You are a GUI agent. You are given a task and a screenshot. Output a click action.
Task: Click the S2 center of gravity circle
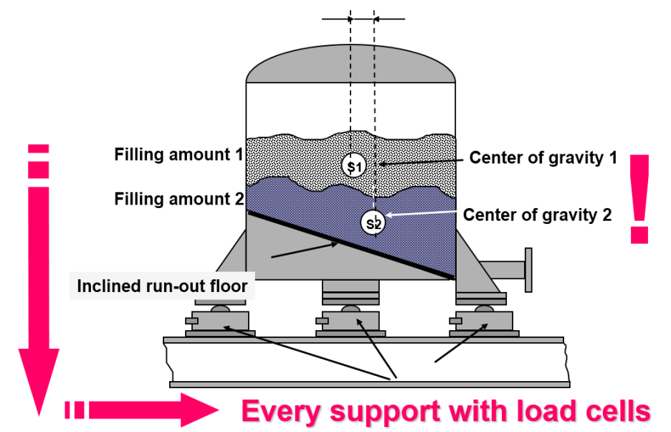373,222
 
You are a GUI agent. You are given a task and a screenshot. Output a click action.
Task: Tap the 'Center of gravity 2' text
537,214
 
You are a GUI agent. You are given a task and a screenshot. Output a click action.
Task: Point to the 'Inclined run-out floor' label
162,287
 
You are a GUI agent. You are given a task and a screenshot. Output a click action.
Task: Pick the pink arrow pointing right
143,410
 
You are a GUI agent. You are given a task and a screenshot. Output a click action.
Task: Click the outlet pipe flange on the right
528,269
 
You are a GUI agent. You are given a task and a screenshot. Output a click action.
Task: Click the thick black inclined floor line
351,245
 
